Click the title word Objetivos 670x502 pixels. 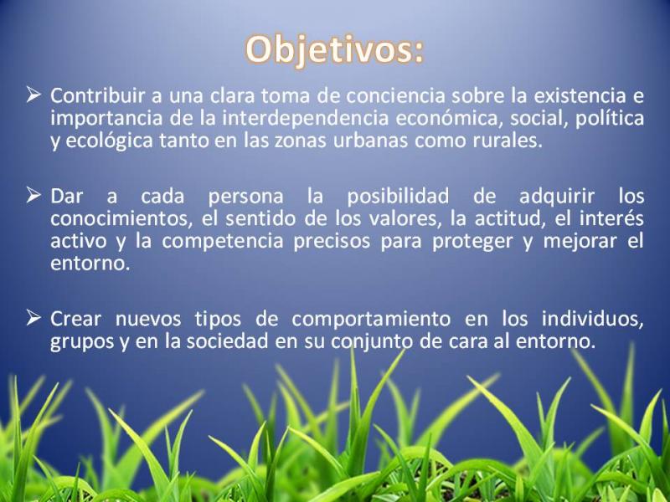pyautogui.click(x=334, y=50)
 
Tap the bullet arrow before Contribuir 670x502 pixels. pyautogui.click(x=33, y=95)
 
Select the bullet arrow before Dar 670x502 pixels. pyautogui.click(x=33, y=195)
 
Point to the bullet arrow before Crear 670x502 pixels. pyautogui.click(x=33, y=318)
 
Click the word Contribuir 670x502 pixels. pyautogui.click(x=97, y=95)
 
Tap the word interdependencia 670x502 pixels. pyautogui.click(x=305, y=118)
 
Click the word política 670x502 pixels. pyautogui.click(x=610, y=118)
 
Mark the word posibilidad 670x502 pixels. pyautogui.click(x=398, y=197)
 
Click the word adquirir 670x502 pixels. pyautogui.click(x=557, y=197)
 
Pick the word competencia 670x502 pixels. pyautogui.click(x=223, y=241)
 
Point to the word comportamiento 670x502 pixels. pyautogui.click(x=371, y=320)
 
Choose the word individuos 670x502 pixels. pyautogui.click(x=592, y=320)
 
